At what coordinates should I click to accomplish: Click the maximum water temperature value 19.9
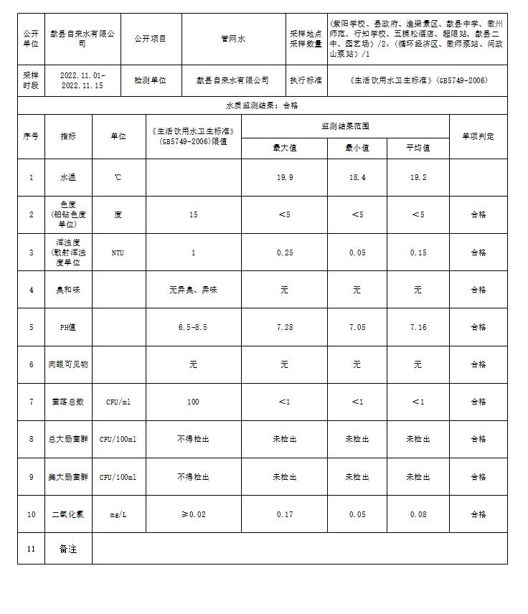pos(284,177)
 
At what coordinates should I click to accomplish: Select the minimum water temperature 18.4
pos(357,177)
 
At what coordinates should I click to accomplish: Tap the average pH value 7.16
pos(418,327)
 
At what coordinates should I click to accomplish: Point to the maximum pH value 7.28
pos(284,327)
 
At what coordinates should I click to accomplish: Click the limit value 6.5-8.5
pos(193,327)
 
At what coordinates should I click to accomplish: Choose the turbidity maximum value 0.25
pos(284,252)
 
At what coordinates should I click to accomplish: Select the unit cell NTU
pos(118,252)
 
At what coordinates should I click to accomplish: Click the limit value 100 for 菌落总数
pos(193,402)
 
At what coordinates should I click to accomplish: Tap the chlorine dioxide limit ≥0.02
pos(193,514)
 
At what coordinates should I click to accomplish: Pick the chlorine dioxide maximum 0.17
pos(284,514)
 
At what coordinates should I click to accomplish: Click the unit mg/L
pos(118,514)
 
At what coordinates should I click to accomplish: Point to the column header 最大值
pos(284,148)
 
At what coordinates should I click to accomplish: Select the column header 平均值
pos(418,148)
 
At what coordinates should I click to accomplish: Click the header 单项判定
pos(478,136)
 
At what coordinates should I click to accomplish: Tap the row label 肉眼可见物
pos(68,364)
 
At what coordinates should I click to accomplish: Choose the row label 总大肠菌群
pos(68,439)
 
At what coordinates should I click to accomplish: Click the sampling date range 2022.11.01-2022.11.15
pos(82,80)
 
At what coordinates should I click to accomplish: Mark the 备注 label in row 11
pos(68,549)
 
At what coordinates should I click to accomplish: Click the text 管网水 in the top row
pos(233,39)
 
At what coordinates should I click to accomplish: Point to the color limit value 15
pos(193,214)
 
